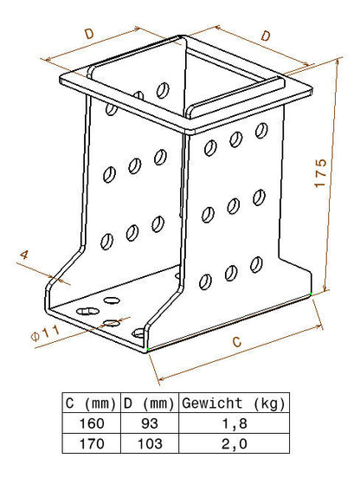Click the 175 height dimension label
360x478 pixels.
pyautogui.click(x=320, y=173)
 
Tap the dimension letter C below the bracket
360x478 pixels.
pyautogui.click(x=236, y=341)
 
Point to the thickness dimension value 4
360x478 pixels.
pyautogui.click(x=24, y=255)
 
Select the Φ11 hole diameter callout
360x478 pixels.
pyautogui.click(x=45, y=333)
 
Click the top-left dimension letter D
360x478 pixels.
pyautogui.click(x=89, y=34)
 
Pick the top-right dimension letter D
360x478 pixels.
pyautogui.click(x=266, y=36)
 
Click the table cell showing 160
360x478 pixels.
pyautogui.click(x=92, y=423)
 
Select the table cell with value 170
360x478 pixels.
pyautogui.click(x=92, y=443)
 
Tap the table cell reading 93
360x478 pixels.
pyautogui.click(x=150, y=423)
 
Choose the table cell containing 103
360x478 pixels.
pyautogui.click(x=150, y=443)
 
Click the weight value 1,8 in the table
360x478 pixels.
pyautogui.click(x=234, y=423)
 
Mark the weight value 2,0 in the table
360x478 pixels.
pyautogui.click(x=234, y=443)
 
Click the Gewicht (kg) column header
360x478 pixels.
pyautogui.click(x=234, y=404)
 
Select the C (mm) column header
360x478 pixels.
pyautogui.click(x=91, y=404)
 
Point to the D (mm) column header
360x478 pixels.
pyautogui.click(x=149, y=404)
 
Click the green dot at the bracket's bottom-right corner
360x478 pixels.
pyautogui.click(x=311, y=294)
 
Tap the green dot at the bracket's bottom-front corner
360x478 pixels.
pyautogui.click(x=148, y=349)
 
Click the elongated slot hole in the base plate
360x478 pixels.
pyautogui.click(x=87, y=311)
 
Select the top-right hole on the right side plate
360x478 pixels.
pyautogui.click(x=261, y=131)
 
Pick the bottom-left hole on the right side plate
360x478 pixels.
pyautogui.click(x=205, y=282)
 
